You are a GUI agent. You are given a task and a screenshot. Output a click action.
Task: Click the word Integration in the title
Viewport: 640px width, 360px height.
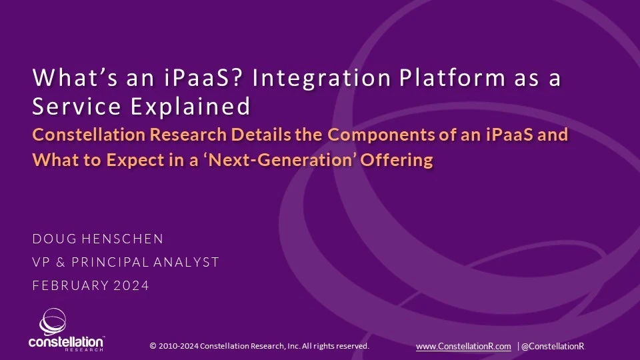coord(321,78)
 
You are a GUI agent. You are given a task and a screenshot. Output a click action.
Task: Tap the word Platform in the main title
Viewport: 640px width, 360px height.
coord(452,77)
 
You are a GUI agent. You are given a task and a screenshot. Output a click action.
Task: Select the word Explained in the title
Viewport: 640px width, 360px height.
coord(190,107)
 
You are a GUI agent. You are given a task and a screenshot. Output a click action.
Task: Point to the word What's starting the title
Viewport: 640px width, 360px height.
coord(75,77)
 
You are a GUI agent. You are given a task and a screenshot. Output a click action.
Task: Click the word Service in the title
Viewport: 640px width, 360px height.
coord(77,106)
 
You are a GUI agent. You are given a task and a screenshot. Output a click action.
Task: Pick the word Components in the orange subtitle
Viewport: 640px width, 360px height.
coord(381,135)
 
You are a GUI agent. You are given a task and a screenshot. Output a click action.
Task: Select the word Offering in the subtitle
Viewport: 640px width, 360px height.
coord(396,160)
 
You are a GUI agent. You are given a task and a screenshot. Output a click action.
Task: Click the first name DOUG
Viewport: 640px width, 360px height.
coord(54,239)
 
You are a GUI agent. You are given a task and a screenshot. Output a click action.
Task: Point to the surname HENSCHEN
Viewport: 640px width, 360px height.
coord(123,239)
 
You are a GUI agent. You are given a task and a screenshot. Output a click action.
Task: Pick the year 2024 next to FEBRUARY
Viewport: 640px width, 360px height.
coord(131,285)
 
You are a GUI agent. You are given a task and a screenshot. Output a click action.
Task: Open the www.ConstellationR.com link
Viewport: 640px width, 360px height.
coord(463,347)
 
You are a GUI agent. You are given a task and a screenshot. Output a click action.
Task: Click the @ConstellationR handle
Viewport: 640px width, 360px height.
coord(553,347)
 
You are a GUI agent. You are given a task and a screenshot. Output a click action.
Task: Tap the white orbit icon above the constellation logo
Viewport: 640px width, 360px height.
coord(53,321)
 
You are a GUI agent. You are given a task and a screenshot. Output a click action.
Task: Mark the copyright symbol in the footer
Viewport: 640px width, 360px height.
coord(153,346)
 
